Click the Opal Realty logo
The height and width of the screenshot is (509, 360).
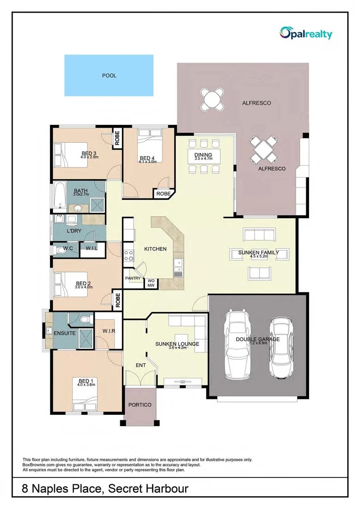(x=306, y=33)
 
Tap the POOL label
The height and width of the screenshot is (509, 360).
(x=109, y=75)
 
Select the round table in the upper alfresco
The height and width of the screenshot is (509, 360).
(x=212, y=99)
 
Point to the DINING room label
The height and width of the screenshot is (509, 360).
(x=203, y=155)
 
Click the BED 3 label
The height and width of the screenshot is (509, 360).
(x=89, y=153)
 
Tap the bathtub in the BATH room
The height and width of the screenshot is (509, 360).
(x=59, y=196)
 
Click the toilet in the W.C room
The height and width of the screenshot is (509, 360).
(x=58, y=251)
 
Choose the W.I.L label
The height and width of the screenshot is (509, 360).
(x=91, y=248)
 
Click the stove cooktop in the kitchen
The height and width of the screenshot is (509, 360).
(x=129, y=255)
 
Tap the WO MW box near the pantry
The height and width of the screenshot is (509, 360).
(x=151, y=283)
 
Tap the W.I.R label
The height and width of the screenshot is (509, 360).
(x=109, y=331)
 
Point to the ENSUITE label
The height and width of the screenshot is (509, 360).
(x=65, y=333)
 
